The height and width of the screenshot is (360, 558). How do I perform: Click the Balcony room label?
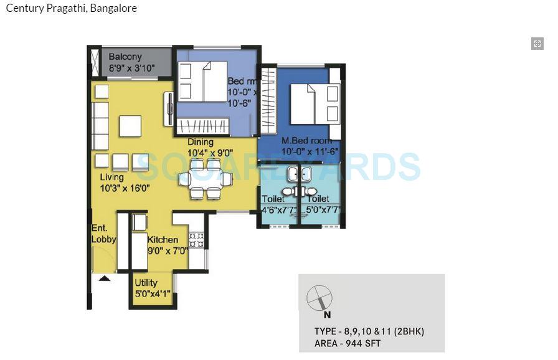(x=125, y=57)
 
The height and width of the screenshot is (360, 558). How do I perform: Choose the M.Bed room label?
(x=306, y=141)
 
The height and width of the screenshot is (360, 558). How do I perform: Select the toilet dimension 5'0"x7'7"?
(x=323, y=210)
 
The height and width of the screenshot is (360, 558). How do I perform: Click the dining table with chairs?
(x=206, y=179)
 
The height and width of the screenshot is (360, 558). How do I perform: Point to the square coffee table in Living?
(x=130, y=126)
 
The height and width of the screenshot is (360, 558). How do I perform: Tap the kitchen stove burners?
(x=196, y=240)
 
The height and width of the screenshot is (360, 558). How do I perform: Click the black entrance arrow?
(x=105, y=278)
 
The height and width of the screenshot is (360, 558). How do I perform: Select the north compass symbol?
(x=319, y=297)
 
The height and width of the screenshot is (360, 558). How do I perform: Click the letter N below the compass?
(x=328, y=315)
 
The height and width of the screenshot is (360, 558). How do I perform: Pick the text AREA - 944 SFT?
(x=348, y=343)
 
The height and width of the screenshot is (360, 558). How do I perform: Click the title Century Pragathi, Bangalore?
(x=71, y=9)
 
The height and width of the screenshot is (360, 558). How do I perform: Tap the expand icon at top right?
(x=537, y=43)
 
